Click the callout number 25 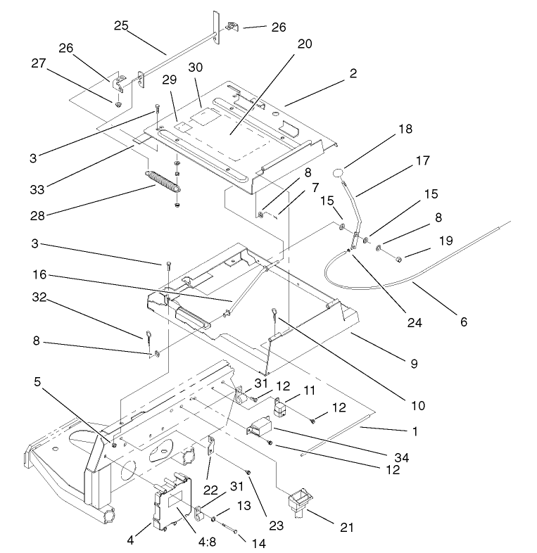tap(122, 26)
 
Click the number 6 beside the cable tap(462, 322)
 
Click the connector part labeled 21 tap(298, 504)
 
